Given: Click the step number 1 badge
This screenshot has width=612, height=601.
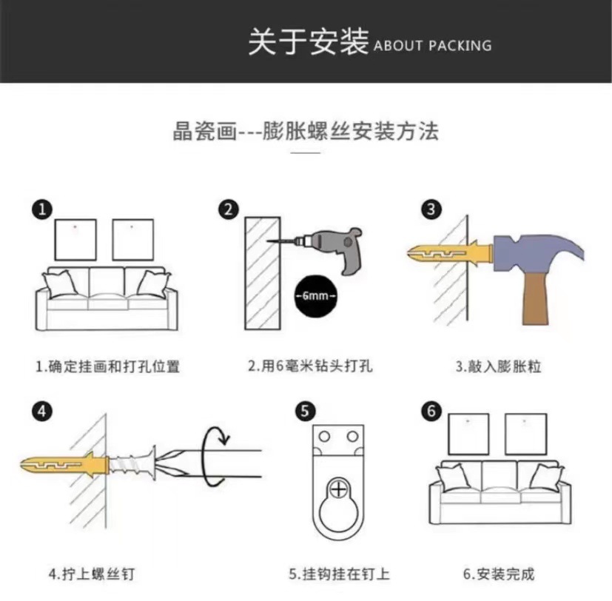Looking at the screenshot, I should pos(41,209).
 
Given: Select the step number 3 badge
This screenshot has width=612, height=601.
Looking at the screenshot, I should pos(432,209).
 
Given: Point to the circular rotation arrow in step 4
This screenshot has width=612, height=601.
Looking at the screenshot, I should pos(216,457).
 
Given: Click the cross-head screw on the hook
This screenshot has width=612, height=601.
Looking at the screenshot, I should pos(338,488).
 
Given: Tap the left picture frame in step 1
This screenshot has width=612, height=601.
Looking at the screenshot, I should pos(75,238).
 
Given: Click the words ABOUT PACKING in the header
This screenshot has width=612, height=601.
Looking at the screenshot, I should pos(432,46).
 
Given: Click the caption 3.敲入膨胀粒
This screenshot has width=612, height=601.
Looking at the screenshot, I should pos(497,366).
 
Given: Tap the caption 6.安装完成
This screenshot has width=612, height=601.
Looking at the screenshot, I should pos(498,574).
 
